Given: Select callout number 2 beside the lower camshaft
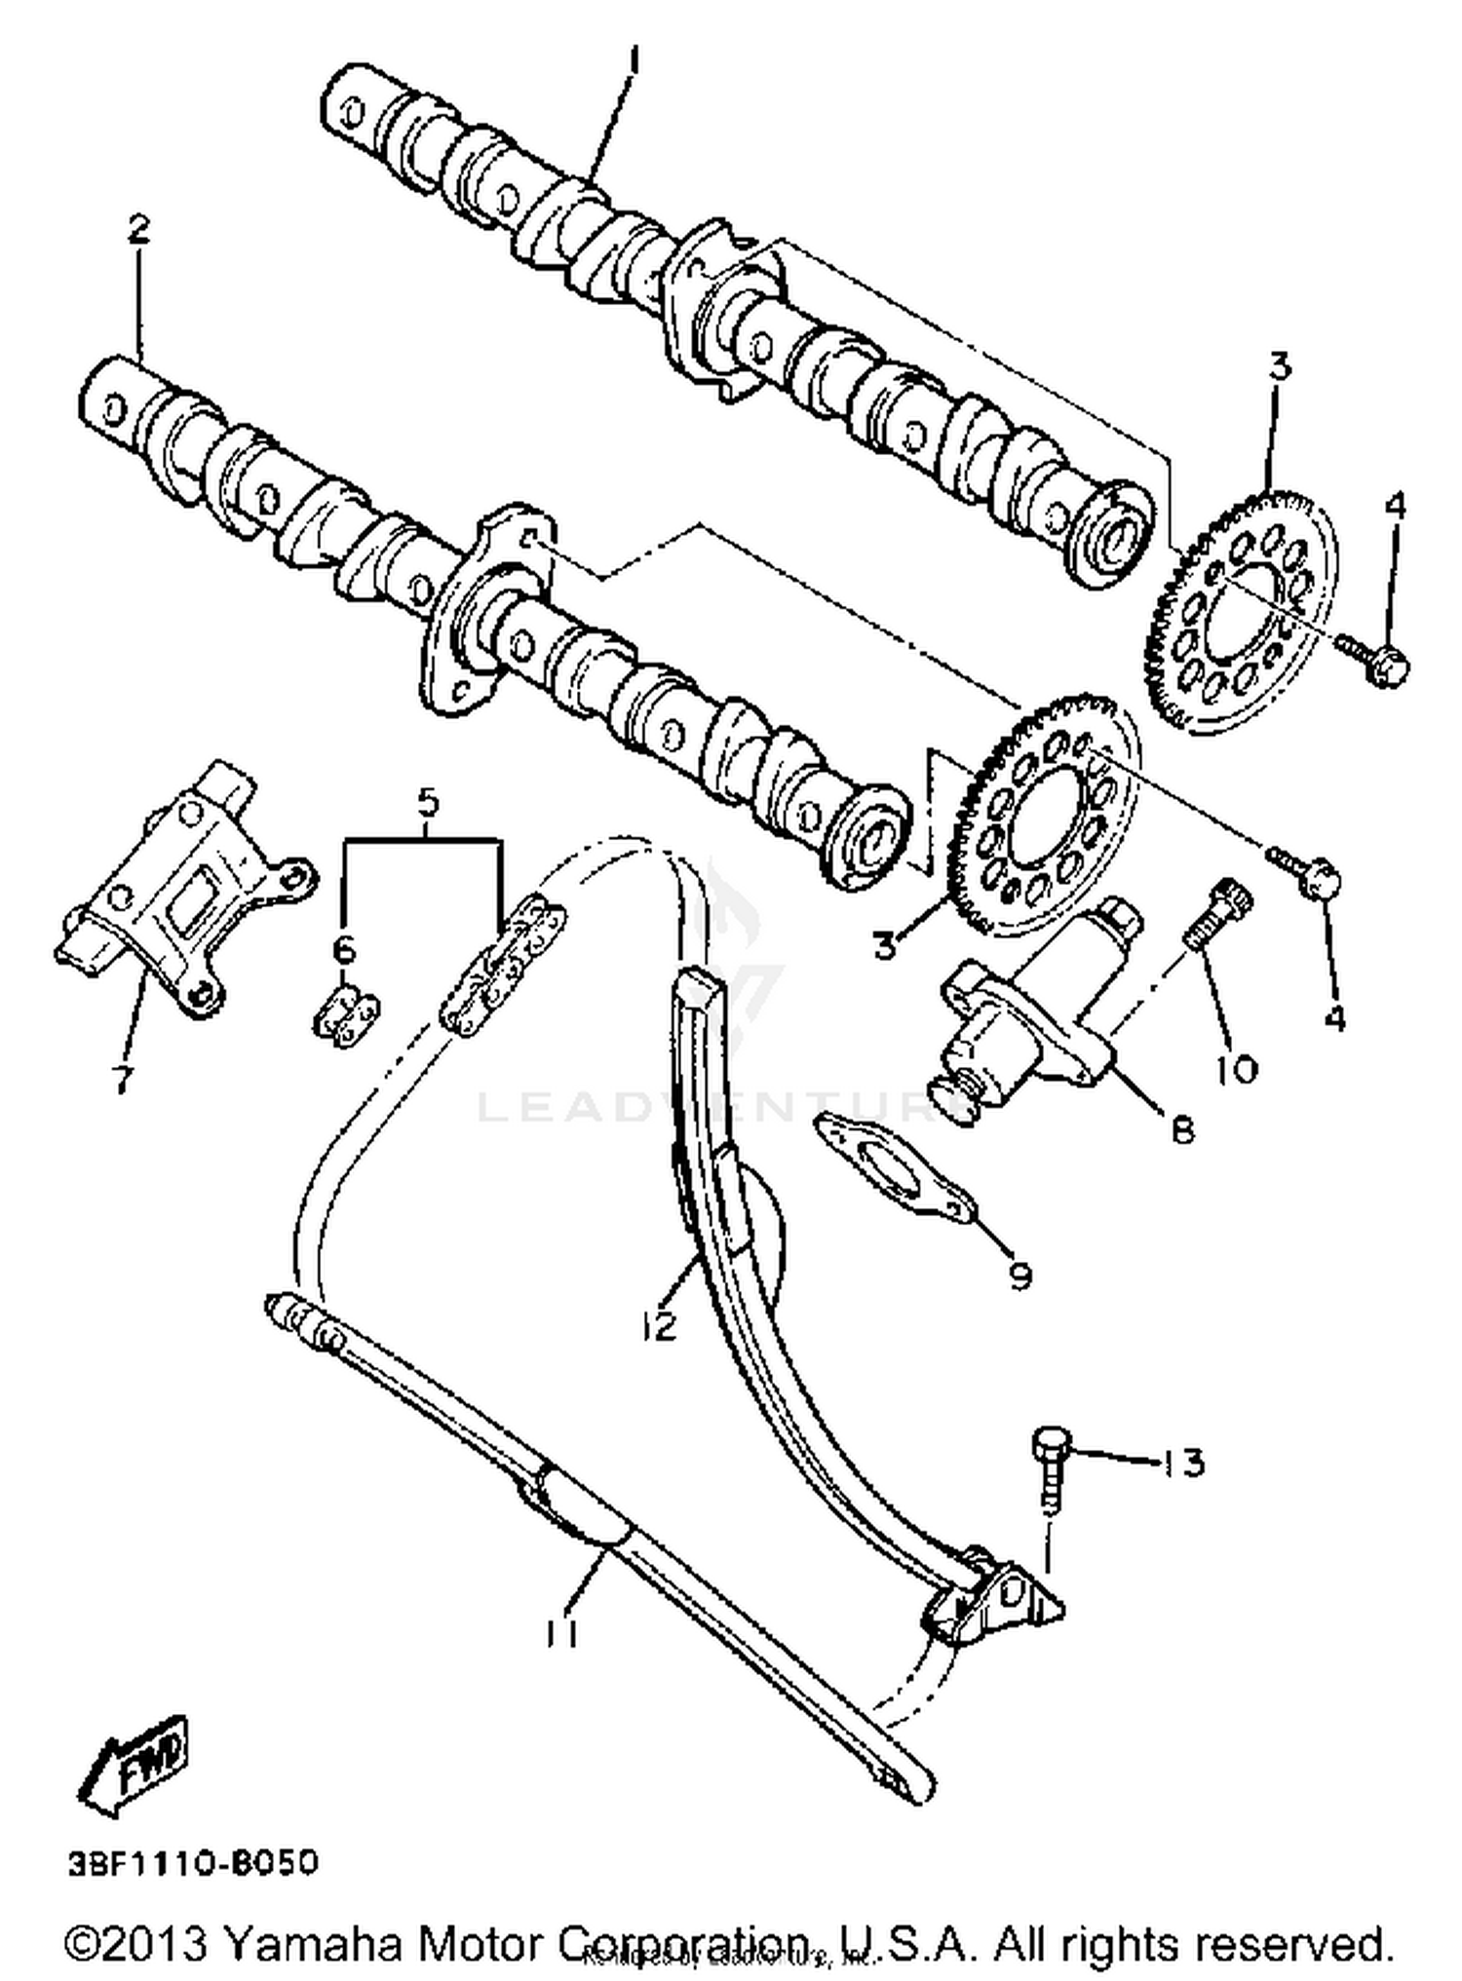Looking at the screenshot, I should click(x=138, y=230).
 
